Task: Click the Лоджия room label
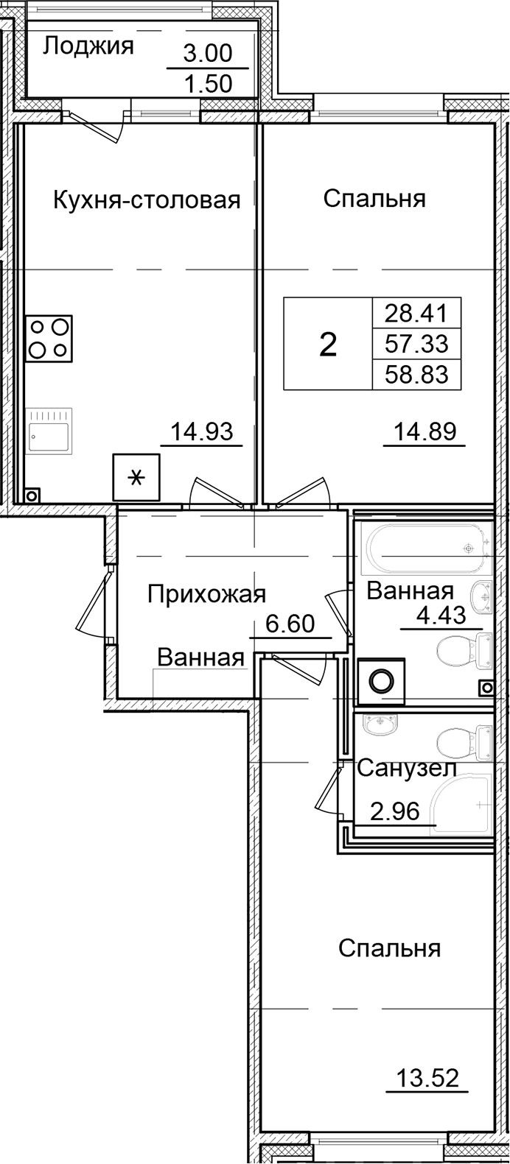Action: tap(88, 46)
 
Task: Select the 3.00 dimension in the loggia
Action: tap(207, 53)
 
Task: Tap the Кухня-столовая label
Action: tap(147, 200)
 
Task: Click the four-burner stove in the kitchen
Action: tap(49, 338)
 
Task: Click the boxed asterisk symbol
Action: tap(136, 478)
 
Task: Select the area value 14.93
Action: tap(201, 431)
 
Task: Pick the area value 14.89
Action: tap(424, 431)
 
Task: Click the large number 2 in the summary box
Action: tap(328, 344)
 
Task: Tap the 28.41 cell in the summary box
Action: tap(416, 314)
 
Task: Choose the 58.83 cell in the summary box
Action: tap(416, 374)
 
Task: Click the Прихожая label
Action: tap(206, 593)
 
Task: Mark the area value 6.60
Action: tap(290, 624)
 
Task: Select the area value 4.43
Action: tap(441, 615)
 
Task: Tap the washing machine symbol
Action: tap(381, 681)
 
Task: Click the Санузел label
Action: tap(407, 769)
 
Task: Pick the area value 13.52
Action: tap(427, 1079)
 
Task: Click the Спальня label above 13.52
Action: tap(389, 948)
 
